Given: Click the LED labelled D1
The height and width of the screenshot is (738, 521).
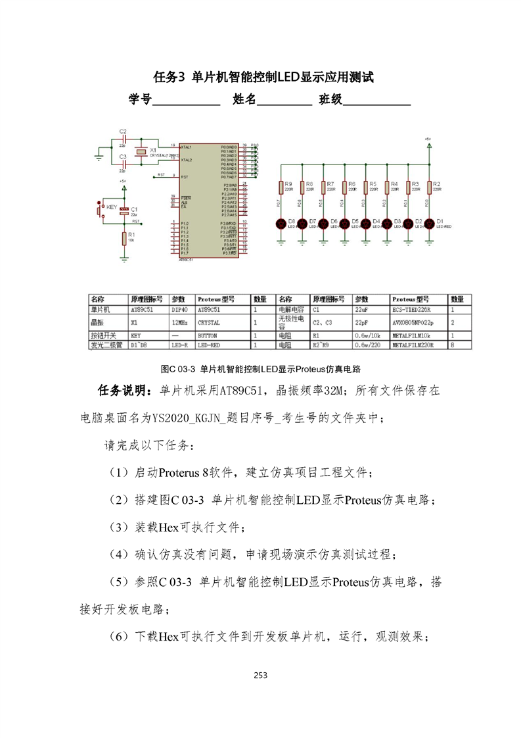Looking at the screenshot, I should pos(429,224).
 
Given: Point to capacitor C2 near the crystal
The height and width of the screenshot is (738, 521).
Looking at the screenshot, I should pos(122,139).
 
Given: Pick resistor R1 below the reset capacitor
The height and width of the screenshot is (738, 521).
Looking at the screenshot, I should pos(124,238).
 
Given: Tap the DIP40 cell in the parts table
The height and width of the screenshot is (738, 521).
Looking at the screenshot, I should pos(179,308).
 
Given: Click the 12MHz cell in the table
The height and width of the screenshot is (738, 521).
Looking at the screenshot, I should pos(179,323).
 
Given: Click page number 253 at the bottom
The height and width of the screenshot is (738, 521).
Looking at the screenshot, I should pos(260,675).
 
